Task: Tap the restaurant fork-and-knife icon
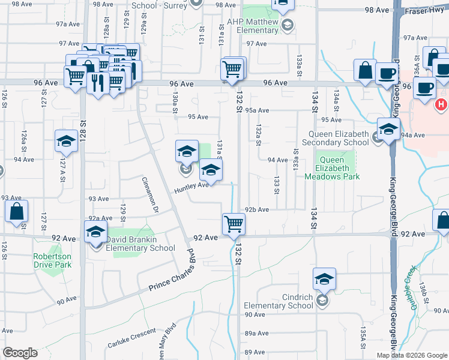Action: click(96, 82)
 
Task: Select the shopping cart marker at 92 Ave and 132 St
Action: click(233, 224)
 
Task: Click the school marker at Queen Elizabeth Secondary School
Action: click(388, 130)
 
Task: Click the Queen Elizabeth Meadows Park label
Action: click(331, 168)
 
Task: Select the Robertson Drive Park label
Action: click(52, 260)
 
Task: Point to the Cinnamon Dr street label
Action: click(149, 187)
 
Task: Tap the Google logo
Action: click(20, 353)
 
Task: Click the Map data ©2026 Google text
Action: click(412, 355)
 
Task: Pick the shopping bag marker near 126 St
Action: click(17, 212)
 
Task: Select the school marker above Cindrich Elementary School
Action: click(324, 279)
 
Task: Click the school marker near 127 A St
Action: click(66, 142)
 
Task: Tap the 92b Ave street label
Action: click(257, 209)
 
